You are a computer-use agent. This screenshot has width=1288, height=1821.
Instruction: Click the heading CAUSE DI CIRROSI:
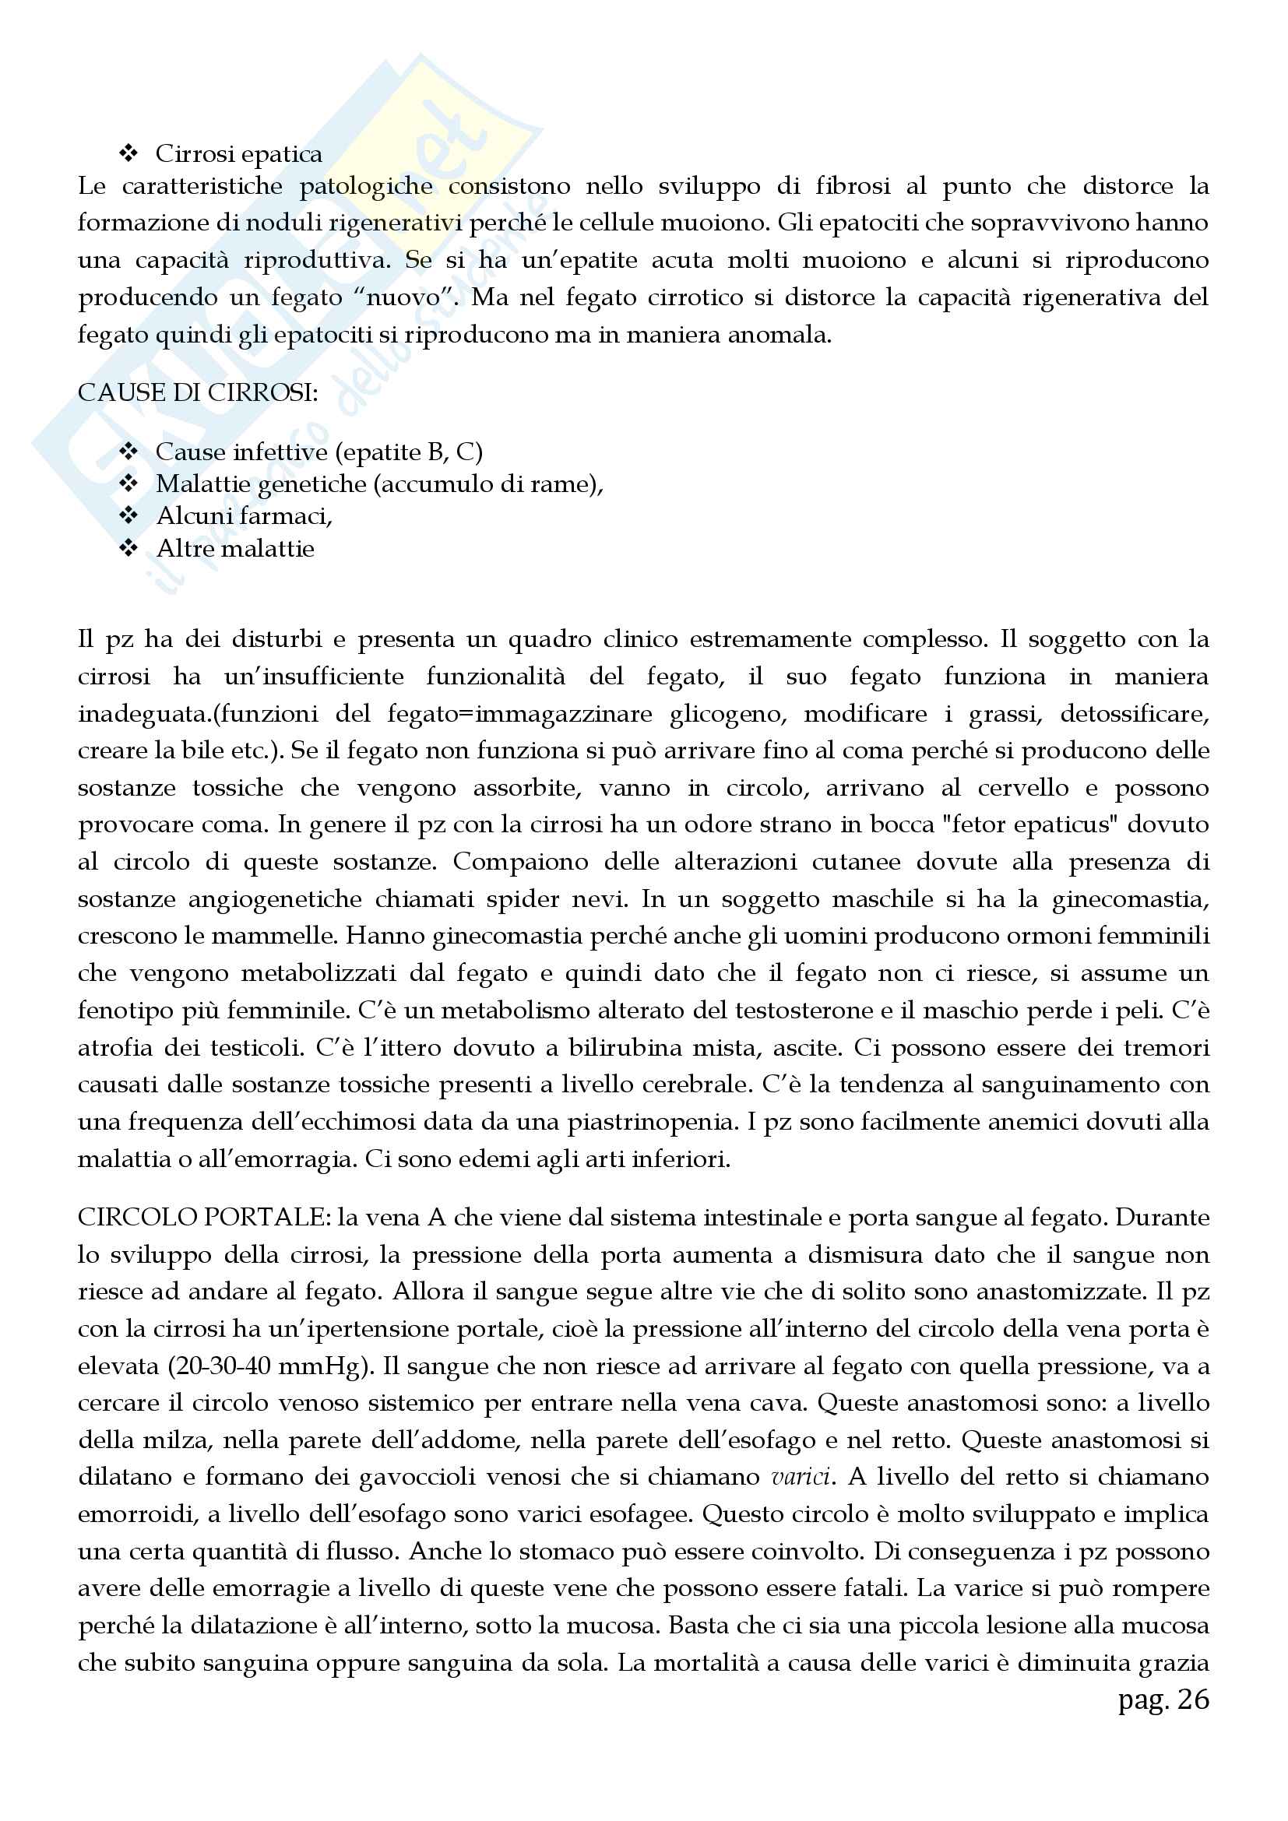point(198,393)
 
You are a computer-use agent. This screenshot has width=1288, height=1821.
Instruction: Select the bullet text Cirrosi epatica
point(239,154)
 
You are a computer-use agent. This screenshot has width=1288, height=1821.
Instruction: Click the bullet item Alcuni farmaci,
point(245,516)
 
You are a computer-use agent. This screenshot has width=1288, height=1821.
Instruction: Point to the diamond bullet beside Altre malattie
point(128,548)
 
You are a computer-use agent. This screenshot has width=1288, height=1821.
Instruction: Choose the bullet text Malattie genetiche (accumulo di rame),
point(379,483)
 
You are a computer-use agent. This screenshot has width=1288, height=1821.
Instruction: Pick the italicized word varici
point(801,1477)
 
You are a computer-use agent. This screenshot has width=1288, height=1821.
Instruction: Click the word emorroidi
point(136,1514)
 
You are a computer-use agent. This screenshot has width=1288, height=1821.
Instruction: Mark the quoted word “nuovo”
point(405,298)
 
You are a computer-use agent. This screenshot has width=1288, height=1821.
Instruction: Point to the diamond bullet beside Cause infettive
point(128,452)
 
